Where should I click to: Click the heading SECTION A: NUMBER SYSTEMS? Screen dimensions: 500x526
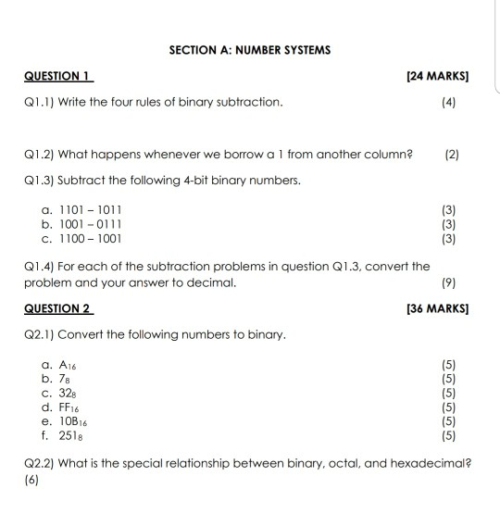[x=250, y=49]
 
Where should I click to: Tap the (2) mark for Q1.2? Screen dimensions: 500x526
[x=451, y=152]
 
